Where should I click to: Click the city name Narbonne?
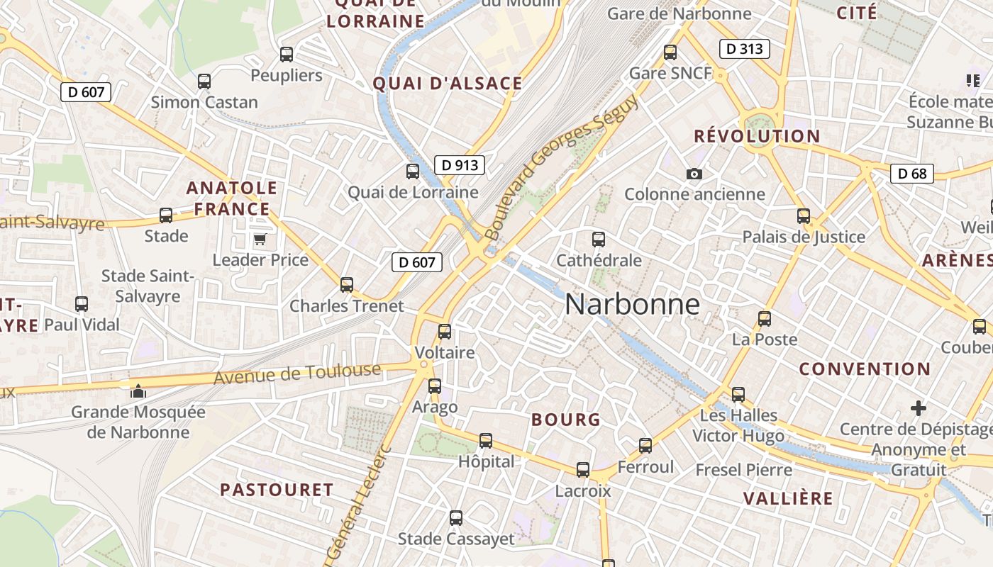pyautogui.click(x=632, y=305)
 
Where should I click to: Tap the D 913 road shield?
pyautogui.click(x=460, y=165)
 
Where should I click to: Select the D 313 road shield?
pyautogui.click(x=744, y=49)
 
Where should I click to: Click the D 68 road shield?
pyautogui.click(x=911, y=174)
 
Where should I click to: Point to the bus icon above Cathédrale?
pyautogui.click(x=599, y=240)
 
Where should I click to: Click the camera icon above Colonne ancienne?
pyautogui.click(x=694, y=174)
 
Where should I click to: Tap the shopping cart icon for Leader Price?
pyautogui.click(x=260, y=240)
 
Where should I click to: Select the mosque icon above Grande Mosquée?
pyautogui.click(x=138, y=391)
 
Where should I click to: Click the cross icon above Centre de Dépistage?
pyautogui.click(x=919, y=408)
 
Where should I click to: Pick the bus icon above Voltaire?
pyautogui.click(x=445, y=331)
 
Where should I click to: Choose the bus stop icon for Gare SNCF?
pyautogui.click(x=670, y=52)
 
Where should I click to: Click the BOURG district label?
pyautogui.click(x=566, y=420)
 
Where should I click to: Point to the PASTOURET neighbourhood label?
pyautogui.click(x=277, y=490)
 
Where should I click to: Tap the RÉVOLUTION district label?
pyautogui.click(x=757, y=136)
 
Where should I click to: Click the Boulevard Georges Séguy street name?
pyautogui.click(x=562, y=167)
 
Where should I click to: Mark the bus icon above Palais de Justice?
pyautogui.click(x=804, y=215)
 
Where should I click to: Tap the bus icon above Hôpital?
pyautogui.click(x=486, y=441)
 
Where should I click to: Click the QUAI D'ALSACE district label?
pyautogui.click(x=448, y=84)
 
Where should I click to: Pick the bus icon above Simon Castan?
pyautogui.click(x=204, y=82)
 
